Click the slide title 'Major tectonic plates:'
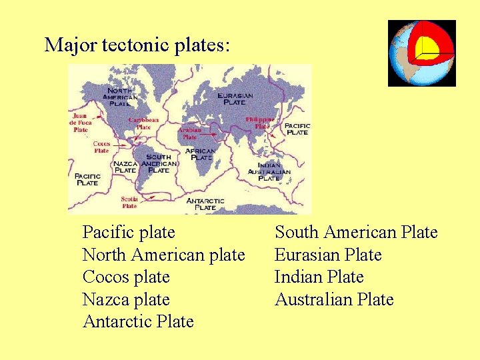(x=137, y=45)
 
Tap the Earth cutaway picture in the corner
(x=421, y=53)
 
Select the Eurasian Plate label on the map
(x=235, y=99)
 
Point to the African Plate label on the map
(x=200, y=154)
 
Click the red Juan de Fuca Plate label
(x=81, y=123)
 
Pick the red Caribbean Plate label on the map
(x=143, y=123)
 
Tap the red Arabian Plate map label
(x=190, y=133)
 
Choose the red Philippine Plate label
(x=259, y=123)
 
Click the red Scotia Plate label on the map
(x=129, y=202)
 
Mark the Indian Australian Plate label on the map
(x=269, y=171)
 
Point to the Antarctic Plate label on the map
(x=205, y=204)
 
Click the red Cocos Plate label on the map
(x=101, y=147)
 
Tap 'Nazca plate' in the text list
(x=126, y=299)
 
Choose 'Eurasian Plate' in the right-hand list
(x=328, y=255)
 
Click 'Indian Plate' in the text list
(x=319, y=277)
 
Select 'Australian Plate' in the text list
(x=334, y=299)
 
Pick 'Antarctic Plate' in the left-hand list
(x=138, y=321)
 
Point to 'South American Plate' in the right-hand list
(x=356, y=232)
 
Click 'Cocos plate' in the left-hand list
(x=126, y=277)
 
